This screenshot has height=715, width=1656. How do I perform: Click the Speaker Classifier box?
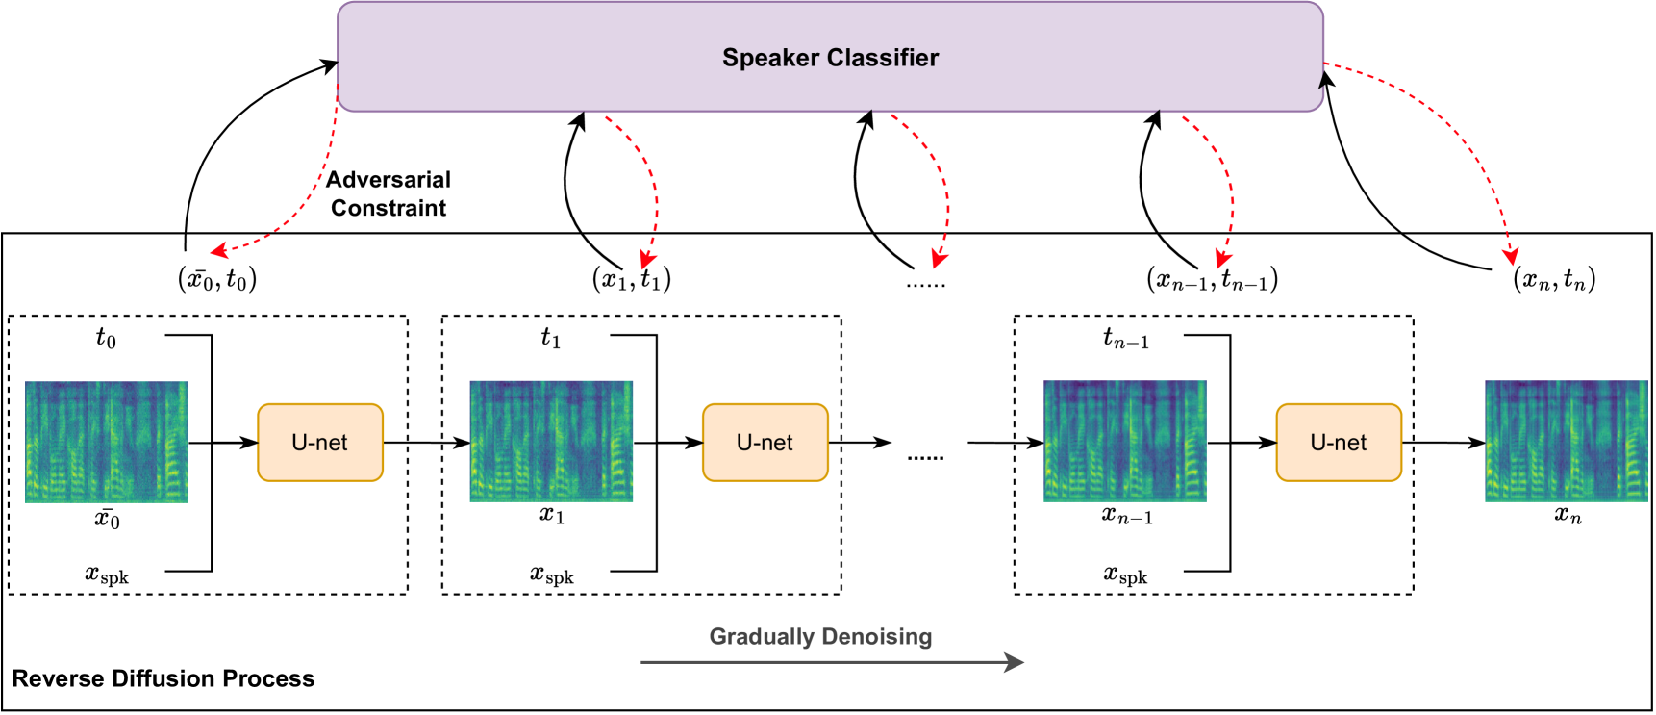830,58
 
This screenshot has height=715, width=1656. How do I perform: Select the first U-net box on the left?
320,443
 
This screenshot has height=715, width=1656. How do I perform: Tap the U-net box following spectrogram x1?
765,443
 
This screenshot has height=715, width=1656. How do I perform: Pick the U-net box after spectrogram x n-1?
1339,443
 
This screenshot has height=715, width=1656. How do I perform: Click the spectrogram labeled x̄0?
107,442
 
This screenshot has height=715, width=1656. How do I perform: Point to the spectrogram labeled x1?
551,442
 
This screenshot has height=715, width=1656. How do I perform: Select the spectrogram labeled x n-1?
1125,442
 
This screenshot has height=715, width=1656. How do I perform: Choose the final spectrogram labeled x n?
1567,442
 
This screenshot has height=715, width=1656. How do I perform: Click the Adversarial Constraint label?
389,193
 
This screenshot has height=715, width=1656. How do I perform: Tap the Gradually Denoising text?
820,636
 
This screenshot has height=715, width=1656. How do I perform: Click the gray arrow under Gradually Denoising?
832,662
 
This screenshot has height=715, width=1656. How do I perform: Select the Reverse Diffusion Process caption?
163,678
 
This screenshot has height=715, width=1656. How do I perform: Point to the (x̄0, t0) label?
217,279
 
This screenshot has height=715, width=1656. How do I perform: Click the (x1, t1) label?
631,279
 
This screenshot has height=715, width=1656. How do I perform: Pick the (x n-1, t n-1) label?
1212,279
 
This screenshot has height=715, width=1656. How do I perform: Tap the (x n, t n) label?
1554,279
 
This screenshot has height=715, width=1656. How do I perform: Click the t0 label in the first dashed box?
106,338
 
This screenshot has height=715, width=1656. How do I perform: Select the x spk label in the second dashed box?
552,575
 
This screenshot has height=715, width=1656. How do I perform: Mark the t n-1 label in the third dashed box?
1125,338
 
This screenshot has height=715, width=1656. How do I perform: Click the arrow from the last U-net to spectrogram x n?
1443,443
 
